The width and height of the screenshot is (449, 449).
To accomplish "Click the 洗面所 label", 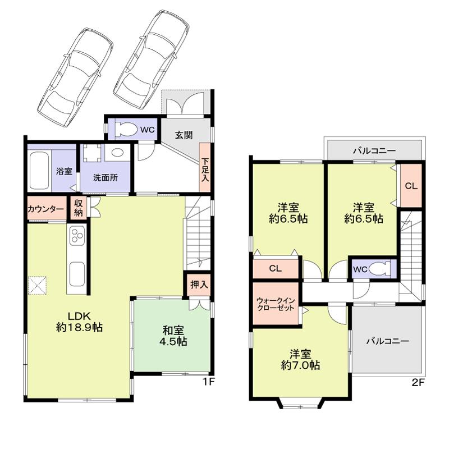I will [105, 177].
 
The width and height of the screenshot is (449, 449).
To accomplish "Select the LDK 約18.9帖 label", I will [79, 321].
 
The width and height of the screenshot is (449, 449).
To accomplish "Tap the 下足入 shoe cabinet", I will [205, 169].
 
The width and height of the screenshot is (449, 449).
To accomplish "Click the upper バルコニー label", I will [374, 150].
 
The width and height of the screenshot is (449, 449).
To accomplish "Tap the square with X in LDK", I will [38, 285].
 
